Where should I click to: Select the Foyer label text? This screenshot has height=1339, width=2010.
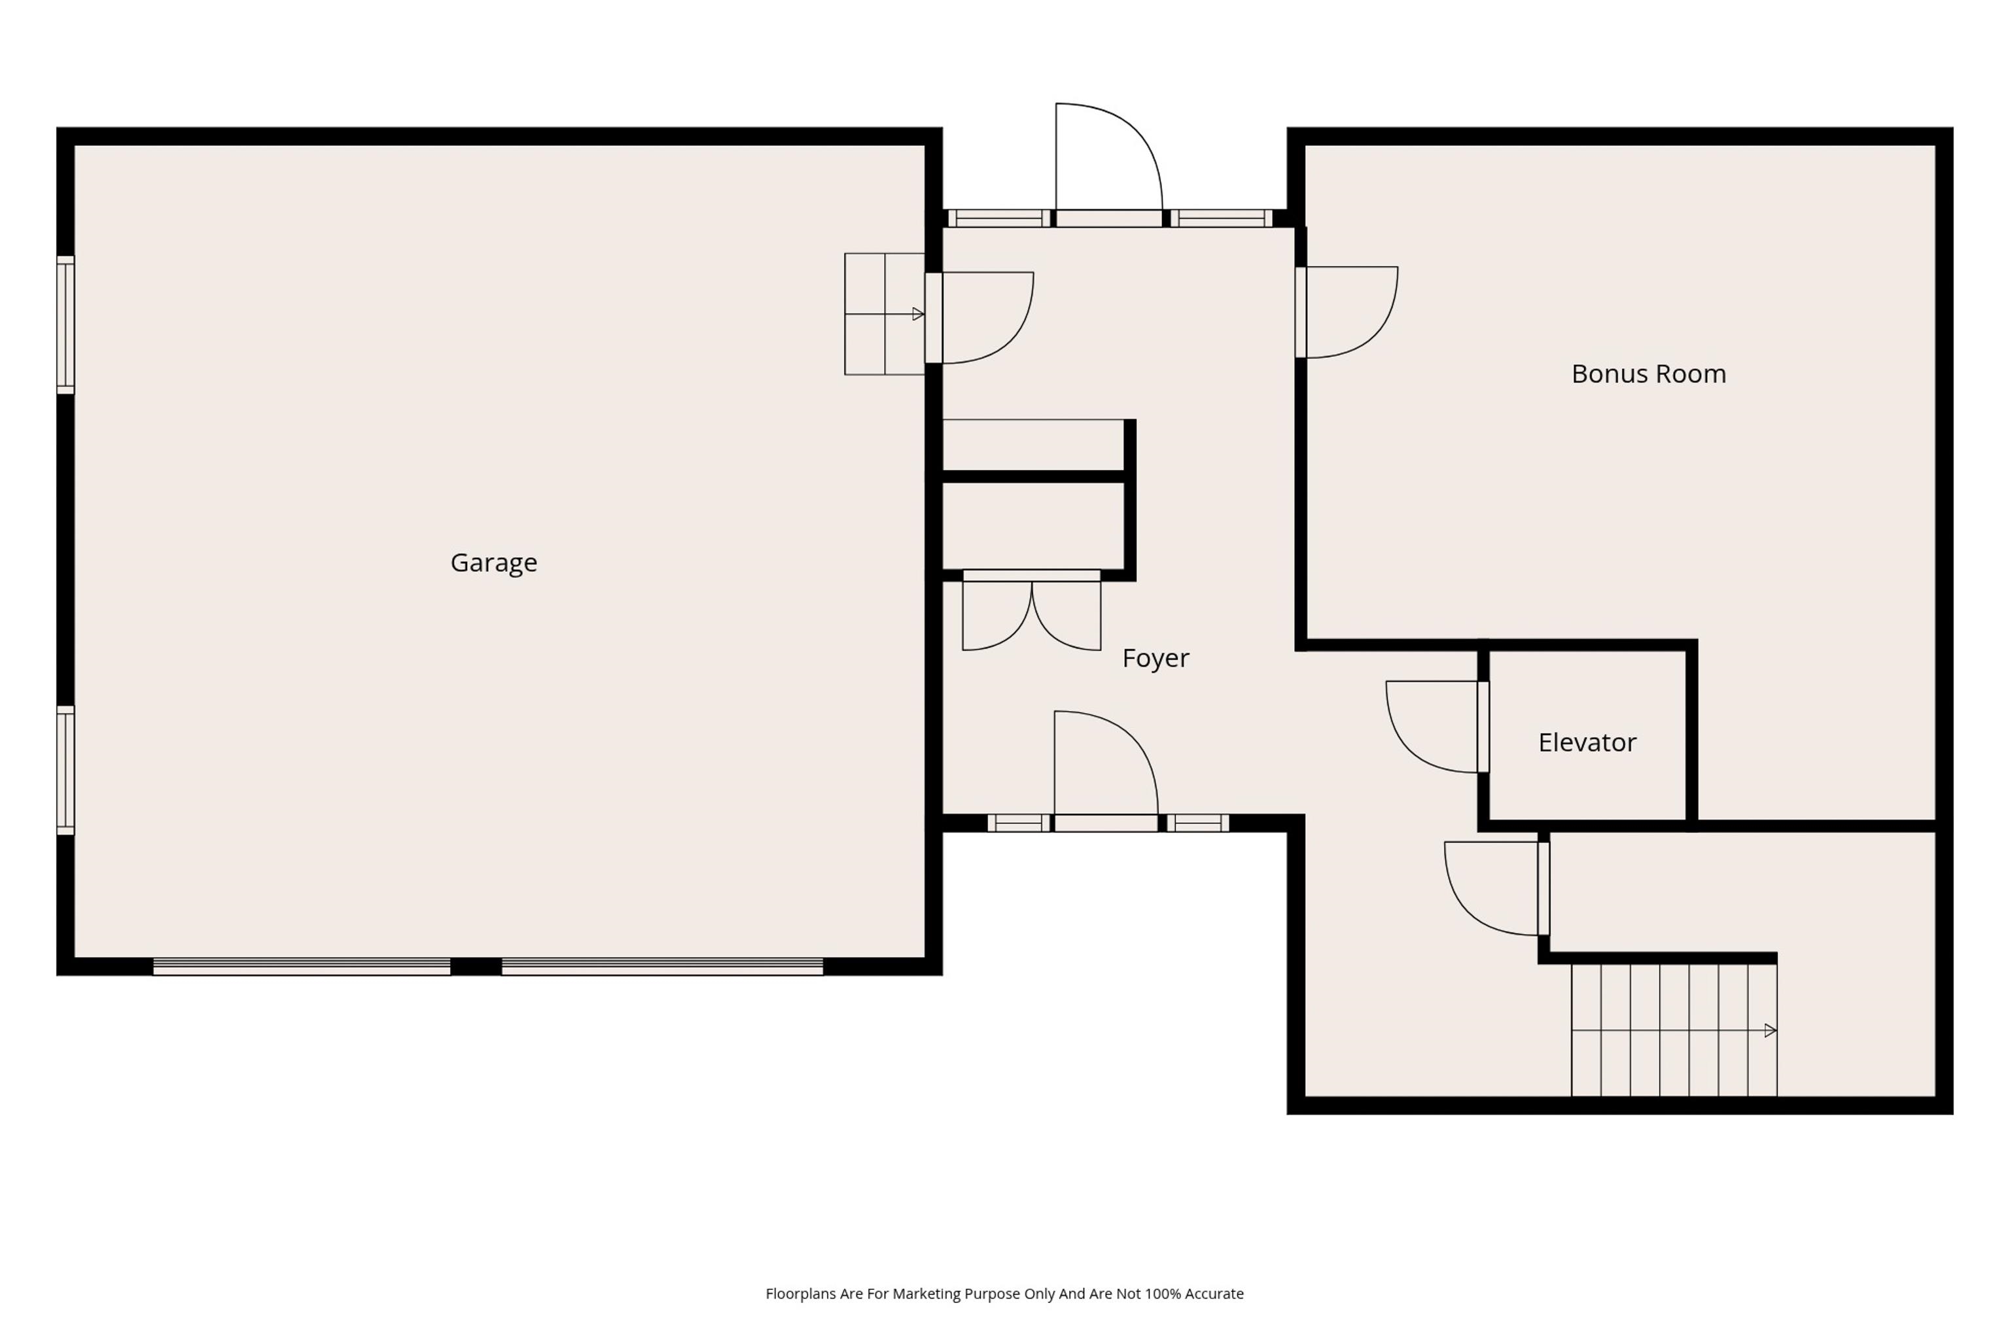click(x=1155, y=657)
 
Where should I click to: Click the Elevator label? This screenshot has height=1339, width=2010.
click(x=1586, y=742)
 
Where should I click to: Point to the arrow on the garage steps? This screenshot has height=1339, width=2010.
click(x=917, y=314)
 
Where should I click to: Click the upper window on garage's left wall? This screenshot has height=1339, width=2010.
click(x=66, y=324)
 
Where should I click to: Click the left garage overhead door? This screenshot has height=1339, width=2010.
click(x=302, y=967)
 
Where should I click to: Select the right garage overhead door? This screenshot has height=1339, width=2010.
click(x=662, y=967)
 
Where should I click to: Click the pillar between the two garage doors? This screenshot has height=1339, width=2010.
click(x=476, y=967)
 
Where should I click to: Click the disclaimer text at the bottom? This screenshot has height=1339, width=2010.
click(x=1004, y=1294)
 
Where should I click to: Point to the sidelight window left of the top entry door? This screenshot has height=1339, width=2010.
click(x=998, y=218)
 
